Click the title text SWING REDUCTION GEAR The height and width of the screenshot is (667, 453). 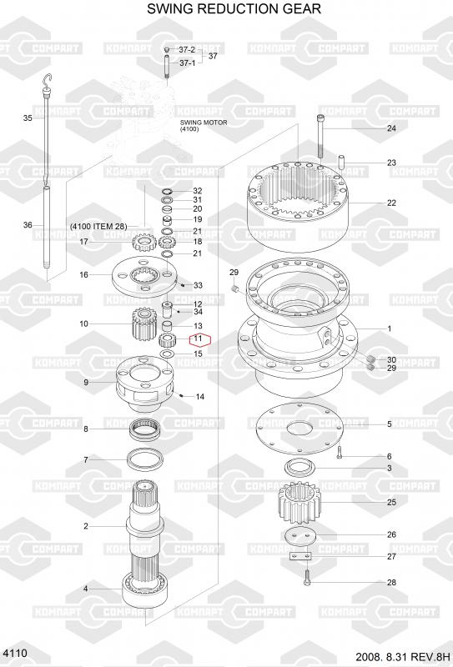pos(234,8)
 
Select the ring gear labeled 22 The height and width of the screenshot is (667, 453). pos(299,207)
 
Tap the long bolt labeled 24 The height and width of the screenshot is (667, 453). pos(320,135)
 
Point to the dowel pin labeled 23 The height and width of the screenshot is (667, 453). pos(340,162)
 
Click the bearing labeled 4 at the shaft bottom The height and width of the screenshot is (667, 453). pos(144,589)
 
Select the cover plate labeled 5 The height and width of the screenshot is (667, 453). pos(299,428)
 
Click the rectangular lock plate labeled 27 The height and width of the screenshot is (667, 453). pos(300,555)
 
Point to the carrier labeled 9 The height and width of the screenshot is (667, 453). pos(145,383)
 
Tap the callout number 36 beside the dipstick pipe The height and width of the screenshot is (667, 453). pos(28,224)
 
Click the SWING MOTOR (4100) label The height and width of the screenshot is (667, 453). pos(204,125)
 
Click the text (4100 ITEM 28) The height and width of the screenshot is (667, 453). pos(98,226)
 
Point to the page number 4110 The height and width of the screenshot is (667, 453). pos(15,653)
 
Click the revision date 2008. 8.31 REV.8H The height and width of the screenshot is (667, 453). pos(402,655)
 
